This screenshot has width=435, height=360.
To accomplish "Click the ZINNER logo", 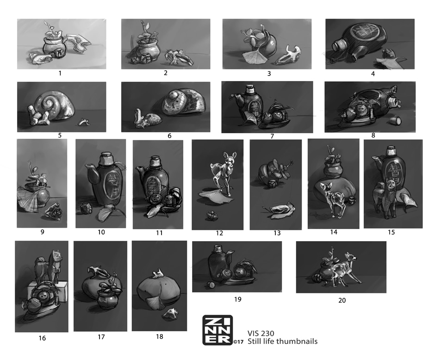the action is [217, 330].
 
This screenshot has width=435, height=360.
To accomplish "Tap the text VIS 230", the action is [261, 333].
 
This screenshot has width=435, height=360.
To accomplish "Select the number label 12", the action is [219, 233].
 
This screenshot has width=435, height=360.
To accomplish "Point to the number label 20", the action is [342, 300].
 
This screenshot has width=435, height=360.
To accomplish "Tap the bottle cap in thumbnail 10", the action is [106, 158].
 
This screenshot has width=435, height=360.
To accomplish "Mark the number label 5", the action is [60, 135].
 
